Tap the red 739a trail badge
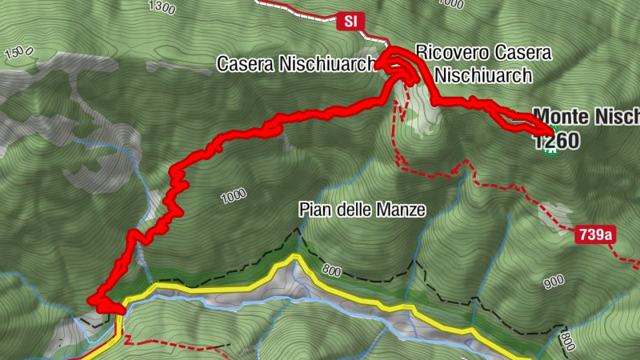[x=595, y=234]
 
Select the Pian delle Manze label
[x=362, y=210]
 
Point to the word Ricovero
[x=449, y=54]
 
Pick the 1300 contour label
[x=162, y=8]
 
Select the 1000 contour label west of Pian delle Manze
[x=233, y=194]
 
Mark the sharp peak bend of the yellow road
[x=294, y=258]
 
